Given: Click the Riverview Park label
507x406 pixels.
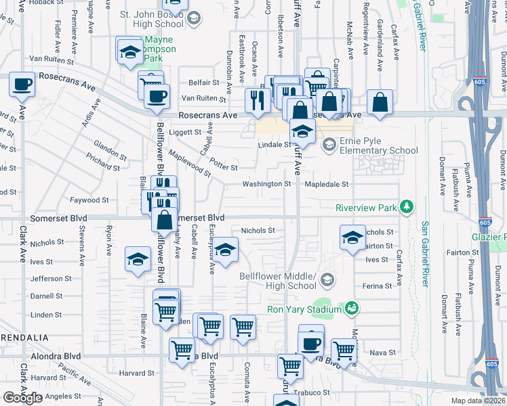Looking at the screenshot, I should [366, 208].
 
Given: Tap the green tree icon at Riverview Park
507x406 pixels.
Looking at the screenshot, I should [407, 206].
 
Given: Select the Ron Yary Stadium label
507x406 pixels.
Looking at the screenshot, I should [303, 310].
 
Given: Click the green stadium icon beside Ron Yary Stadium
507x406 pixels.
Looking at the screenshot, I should [351, 309].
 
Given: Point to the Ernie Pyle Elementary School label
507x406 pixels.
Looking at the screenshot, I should [379, 145].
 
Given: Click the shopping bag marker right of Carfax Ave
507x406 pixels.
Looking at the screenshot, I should [380, 103].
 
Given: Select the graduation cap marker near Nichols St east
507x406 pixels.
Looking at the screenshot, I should [352, 238].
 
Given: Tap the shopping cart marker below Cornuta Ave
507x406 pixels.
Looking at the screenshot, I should [243, 328].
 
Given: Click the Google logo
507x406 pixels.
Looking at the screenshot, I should [22, 398].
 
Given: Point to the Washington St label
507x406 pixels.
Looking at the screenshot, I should [268, 183].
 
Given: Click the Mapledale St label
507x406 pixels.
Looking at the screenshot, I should [327, 183].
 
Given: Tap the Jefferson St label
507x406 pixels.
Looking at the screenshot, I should [51, 278].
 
